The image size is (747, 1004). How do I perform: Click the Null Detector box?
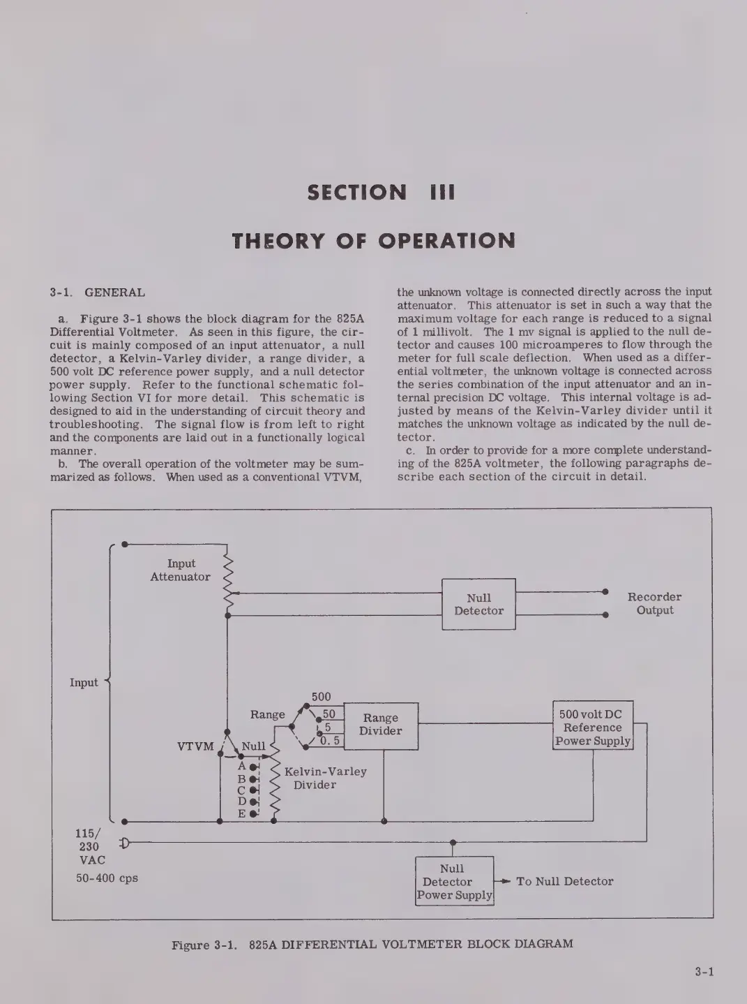tap(478, 604)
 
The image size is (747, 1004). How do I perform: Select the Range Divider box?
tap(381, 725)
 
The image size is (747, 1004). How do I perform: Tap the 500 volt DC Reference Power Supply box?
tap(593, 727)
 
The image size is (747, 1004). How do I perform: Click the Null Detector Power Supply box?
tap(454, 882)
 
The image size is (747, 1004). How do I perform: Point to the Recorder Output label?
tap(654, 603)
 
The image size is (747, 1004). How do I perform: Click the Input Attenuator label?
tap(181, 570)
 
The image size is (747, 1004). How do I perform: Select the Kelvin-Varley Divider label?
tap(325, 778)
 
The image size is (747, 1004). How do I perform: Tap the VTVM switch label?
tap(195, 746)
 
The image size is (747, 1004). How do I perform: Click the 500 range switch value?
tap(321, 697)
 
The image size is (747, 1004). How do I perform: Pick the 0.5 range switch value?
tap(330, 741)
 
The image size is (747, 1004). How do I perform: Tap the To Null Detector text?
tap(564, 881)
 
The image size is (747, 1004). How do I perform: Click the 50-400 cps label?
tap(107, 878)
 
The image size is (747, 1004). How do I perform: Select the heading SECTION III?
tap(381, 192)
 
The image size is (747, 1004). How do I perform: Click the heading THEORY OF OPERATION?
tap(374, 241)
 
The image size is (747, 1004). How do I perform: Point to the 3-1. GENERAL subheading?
tap(97, 293)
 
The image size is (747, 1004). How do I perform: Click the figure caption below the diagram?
tap(372, 944)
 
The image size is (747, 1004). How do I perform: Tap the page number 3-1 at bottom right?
tap(704, 970)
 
